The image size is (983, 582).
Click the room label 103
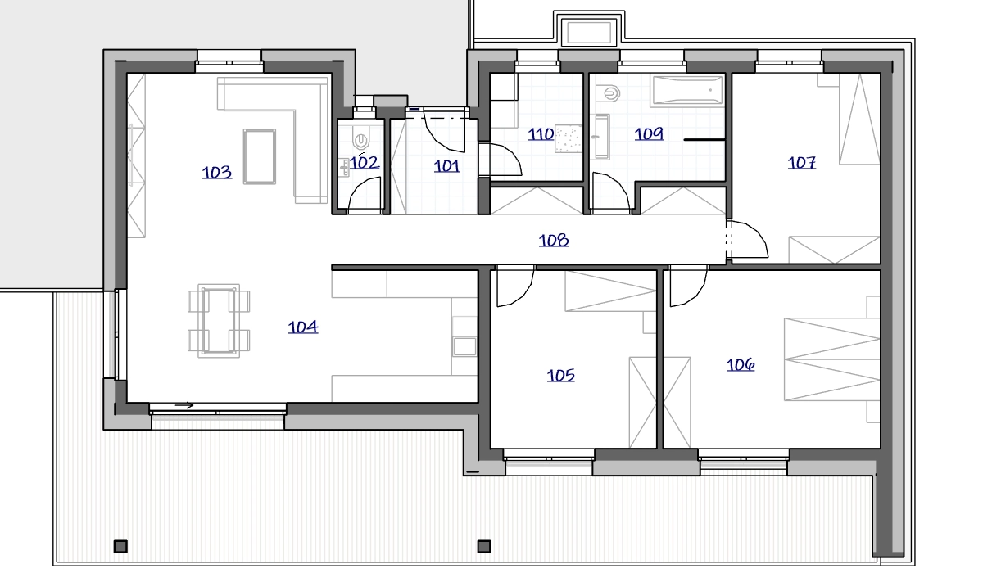[x=217, y=173]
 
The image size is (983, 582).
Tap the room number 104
[x=303, y=327]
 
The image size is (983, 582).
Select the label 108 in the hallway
[x=554, y=241]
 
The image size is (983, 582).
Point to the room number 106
[x=741, y=365]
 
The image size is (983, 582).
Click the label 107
[x=802, y=163]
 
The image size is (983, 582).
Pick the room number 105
[x=561, y=376]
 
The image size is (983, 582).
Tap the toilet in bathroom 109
[x=608, y=93]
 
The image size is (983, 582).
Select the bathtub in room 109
[x=687, y=91]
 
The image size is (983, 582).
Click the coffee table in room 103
[x=260, y=156]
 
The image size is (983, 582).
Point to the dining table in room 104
[x=219, y=321]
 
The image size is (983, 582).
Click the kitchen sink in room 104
[x=464, y=346]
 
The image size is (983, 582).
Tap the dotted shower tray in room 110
[x=569, y=138]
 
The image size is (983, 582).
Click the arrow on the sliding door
[x=184, y=405]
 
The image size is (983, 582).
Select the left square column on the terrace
[x=120, y=547]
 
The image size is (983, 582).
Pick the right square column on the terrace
[x=484, y=547]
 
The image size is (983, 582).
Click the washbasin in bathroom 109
[x=602, y=137]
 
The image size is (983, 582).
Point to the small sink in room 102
[x=345, y=167]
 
